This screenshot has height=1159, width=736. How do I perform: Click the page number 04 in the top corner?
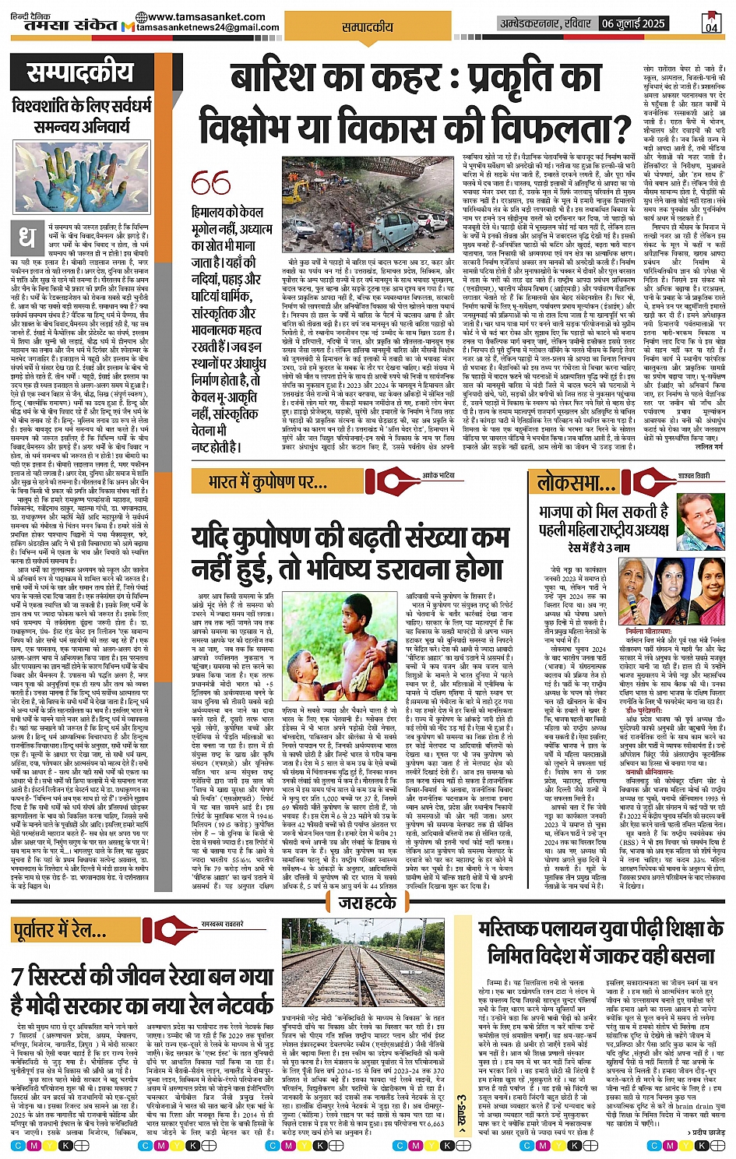point(711,23)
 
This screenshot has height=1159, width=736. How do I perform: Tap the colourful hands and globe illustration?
point(81,177)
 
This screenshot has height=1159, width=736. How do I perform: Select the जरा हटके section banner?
point(368,904)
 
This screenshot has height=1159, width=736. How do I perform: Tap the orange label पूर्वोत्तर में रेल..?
point(60,929)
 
